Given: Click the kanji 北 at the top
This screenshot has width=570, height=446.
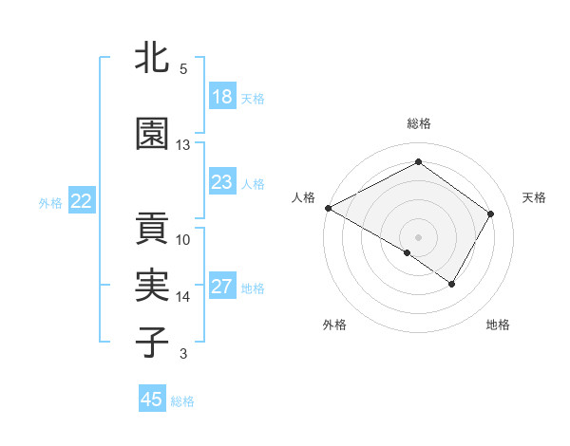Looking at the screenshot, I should (151, 58).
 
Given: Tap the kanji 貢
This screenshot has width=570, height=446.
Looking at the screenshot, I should (151, 229).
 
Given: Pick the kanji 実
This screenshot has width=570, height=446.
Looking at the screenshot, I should (151, 286).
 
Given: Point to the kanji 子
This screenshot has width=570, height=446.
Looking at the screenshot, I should (151, 343).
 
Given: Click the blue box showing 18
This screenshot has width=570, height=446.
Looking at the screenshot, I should (222, 97).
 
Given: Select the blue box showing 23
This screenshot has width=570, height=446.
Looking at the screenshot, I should (222, 182).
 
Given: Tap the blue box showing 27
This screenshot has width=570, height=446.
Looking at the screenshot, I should (222, 287).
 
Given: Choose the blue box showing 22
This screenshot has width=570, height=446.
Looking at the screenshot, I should (82, 201).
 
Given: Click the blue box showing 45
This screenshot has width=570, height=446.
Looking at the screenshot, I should (152, 400).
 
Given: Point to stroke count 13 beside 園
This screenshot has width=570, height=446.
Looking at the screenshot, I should (183, 145).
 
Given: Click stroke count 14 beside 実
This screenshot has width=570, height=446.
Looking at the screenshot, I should (183, 297).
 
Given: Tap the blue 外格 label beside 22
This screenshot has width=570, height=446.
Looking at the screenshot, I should (50, 202).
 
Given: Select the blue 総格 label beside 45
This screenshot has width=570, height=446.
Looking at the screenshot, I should (182, 401).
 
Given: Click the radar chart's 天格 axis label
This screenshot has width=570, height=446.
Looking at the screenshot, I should (534, 197).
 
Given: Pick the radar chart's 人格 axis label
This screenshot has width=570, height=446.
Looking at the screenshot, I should (304, 197).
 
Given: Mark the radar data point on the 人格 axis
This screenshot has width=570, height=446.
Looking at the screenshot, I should (328, 208).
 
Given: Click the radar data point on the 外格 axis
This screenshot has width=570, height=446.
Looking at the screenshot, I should (408, 252).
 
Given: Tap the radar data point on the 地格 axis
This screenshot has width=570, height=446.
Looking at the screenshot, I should (452, 284).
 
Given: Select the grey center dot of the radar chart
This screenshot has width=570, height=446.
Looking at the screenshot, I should (418, 236).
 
